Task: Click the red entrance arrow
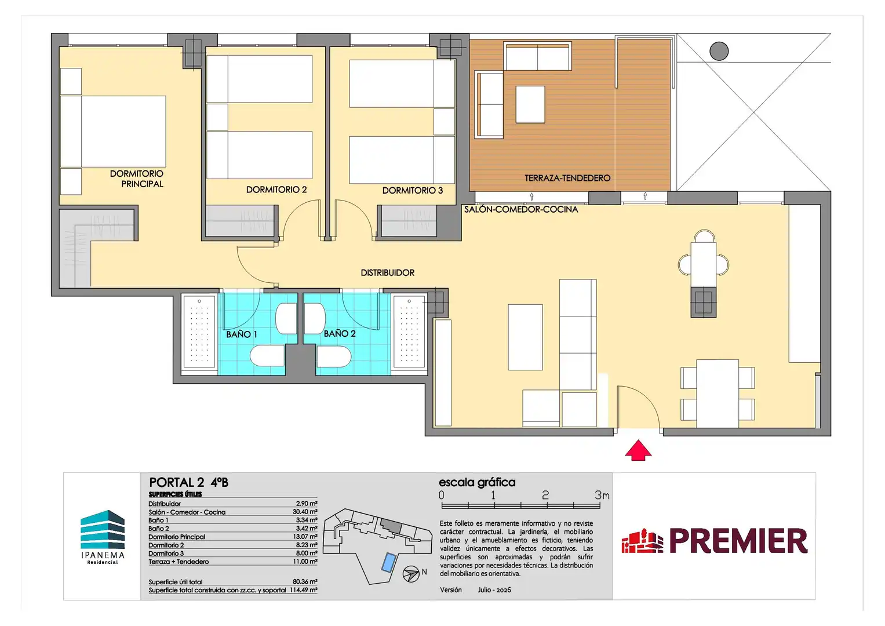pyautogui.click(x=638, y=450)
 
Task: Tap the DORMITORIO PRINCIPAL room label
pyautogui.click(x=137, y=179)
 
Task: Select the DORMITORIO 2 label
pyautogui.click(x=276, y=190)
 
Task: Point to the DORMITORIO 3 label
pyautogui.click(x=413, y=191)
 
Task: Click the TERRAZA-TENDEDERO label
pyautogui.click(x=567, y=179)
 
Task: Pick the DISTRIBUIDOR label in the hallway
pyautogui.click(x=388, y=272)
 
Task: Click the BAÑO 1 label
pyautogui.click(x=242, y=334)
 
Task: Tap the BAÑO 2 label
pyautogui.click(x=340, y=333)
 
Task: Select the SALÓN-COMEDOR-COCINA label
pyautogui.click(x=520, y=209)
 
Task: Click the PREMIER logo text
pyautogui.click(x=738, y=541)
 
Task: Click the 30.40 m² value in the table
pyautogui.click(x=305, y=512)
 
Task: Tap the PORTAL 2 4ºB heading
pyautogui.click(x=188, y=482)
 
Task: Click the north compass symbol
pyautogui.click(x=411, y=574)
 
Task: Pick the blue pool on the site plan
pyautogui.click(x=389, y=562)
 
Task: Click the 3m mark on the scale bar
pyautogui.click(x=602, y=495)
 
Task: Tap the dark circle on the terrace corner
pyautogui.click(x=719, y=51)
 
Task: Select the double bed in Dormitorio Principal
pyautogui.click(x=113, y=131)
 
